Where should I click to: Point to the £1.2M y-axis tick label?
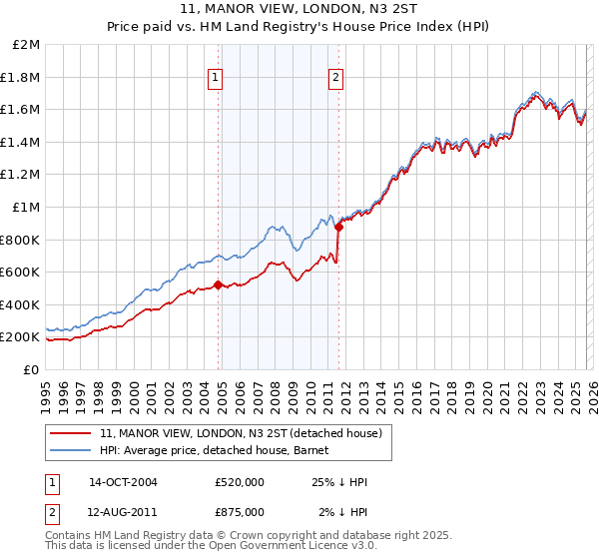22,175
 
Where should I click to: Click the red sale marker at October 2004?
219,285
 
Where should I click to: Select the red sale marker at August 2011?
339,228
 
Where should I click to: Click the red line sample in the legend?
70,433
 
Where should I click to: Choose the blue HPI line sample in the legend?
70,450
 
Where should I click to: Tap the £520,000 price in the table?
240,482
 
